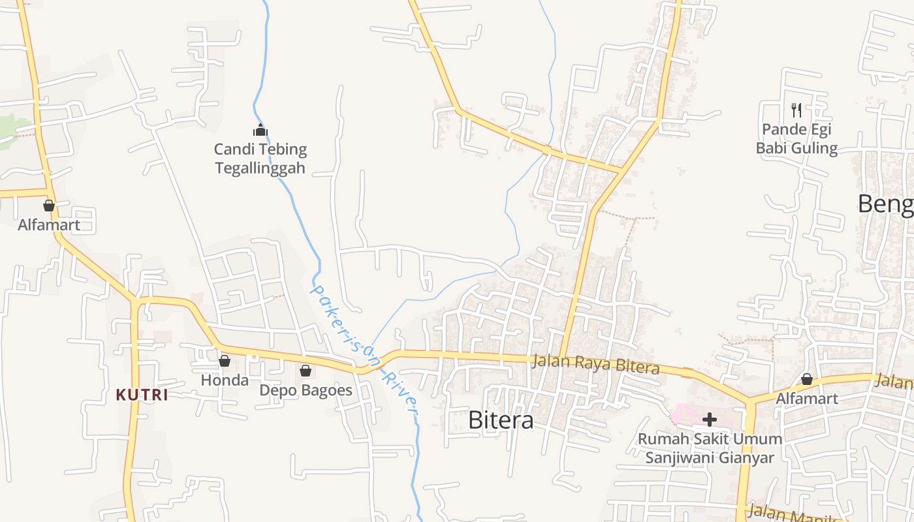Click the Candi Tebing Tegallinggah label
point(260,159)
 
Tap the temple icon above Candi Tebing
point(260,130)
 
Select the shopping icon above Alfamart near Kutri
point(49,206)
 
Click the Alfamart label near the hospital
point(807,398)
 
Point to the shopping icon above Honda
point(225,360)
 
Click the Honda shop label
point(225,380)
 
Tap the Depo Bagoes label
point(306,390)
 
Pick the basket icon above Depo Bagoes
point(306,371)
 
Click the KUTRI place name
point(142,395)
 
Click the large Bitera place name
point(501,420)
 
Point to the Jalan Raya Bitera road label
point(595,364)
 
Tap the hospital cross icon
point(710,420)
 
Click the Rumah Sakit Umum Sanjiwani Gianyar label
point(710,448)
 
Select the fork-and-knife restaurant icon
point(796,110)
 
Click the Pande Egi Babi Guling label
point(796,139)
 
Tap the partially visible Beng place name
point(885,204)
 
